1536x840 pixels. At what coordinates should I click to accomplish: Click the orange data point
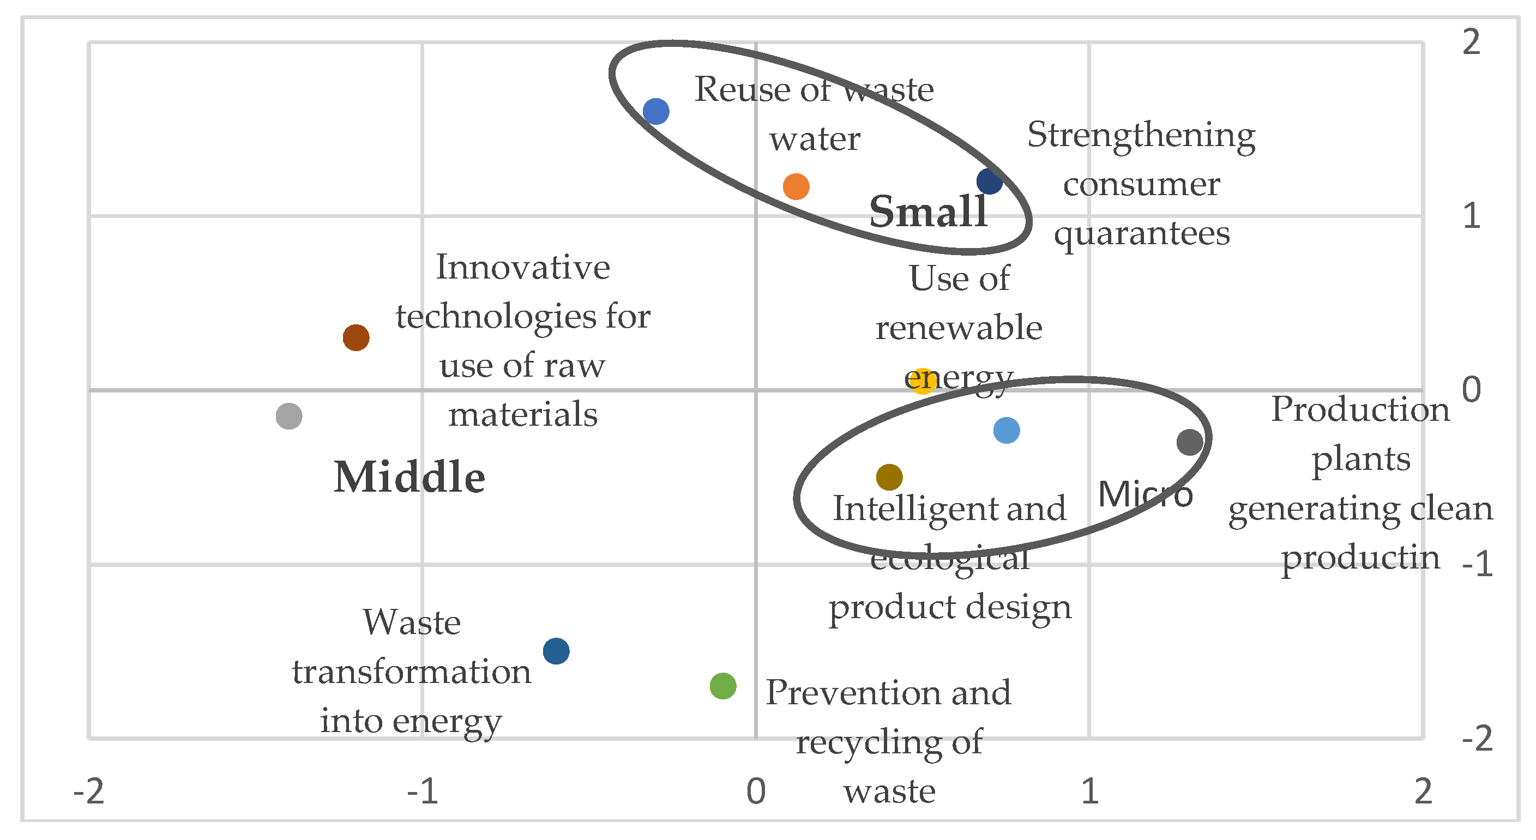796,186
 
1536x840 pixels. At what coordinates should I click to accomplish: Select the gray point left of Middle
289,415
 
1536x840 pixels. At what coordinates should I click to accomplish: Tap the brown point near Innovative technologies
356,337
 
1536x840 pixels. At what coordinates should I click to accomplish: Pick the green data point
722,686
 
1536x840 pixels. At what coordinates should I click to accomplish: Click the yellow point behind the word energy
923,380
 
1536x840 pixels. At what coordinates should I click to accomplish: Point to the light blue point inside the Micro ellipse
1007,431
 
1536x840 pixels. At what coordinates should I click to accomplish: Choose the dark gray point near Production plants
1190,443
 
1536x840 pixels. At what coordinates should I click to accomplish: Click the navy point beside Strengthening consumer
989,181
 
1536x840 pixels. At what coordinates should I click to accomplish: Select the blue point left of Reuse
656,112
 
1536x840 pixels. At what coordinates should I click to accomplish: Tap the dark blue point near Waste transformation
556,650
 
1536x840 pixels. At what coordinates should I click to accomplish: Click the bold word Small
928,211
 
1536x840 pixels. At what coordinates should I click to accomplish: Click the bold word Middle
409,478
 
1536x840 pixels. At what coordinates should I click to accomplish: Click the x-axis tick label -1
422,791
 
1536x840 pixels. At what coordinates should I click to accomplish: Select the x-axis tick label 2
1423,791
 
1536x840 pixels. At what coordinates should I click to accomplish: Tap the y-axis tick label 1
1471,216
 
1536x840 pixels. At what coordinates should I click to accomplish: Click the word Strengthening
1141,136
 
